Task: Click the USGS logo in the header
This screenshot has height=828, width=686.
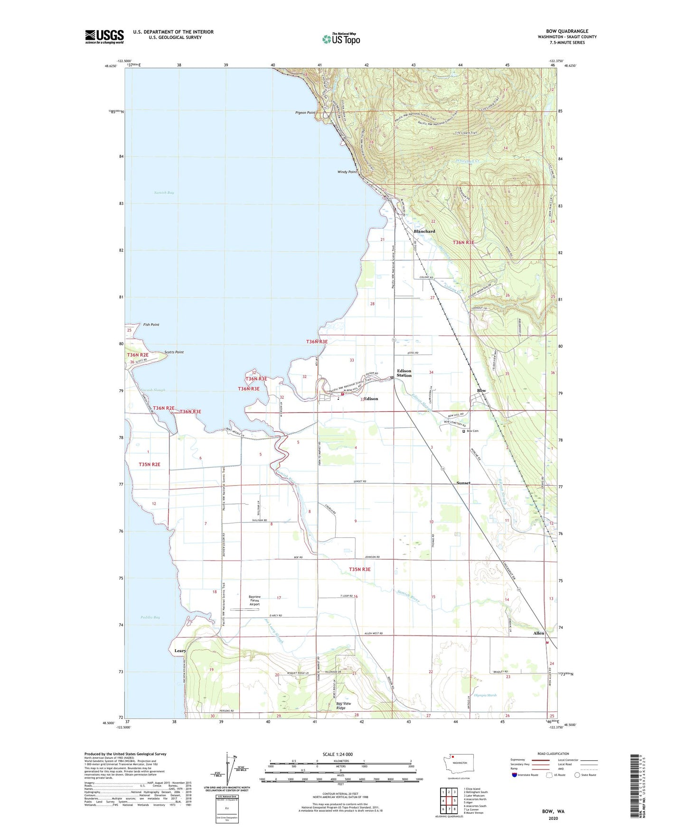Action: (x=104, y=37)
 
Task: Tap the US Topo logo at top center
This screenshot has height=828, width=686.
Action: (x=341, y=39)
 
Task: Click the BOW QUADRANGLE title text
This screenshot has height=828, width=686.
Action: (x=567, y=31)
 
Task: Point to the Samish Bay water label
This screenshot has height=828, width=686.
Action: (x=164, y=193)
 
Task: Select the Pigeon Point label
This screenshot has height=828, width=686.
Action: (x=305, y=113)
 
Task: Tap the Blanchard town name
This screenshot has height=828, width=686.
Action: (x=424, y=231)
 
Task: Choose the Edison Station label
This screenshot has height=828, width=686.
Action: (x=404, y=373)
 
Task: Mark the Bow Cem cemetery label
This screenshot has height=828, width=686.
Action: (x=472, y=431)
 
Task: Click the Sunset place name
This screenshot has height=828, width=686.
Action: (x=463, y=483)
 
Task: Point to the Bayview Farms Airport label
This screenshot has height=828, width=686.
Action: (x=254, y=600)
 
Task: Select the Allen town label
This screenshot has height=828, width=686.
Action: (x=538, y=634)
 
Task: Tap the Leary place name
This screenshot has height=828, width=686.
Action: (x=180, y=651)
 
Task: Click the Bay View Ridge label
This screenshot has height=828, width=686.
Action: (x=344, y=706)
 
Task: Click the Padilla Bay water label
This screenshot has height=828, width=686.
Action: (x=150, y=617)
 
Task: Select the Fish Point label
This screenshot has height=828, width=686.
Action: (x=151, y=325)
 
